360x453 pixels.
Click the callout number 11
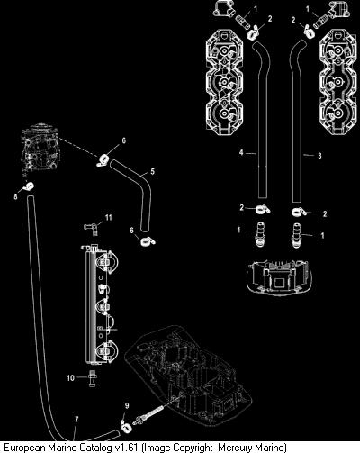coord(108,217)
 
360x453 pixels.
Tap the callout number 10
coord(70,377)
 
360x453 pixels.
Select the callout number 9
coord(127,406)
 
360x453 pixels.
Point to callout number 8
coord(15,196)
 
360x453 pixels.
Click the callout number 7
coord(76,419)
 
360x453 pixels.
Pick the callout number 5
coord(153,171)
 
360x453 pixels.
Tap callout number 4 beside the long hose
coord(241,152)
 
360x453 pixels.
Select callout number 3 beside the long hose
coord(319,156)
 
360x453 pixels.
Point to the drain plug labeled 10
coord(92,379)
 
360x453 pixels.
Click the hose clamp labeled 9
coord(124,424)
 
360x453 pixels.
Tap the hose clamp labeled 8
coord(29,186)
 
